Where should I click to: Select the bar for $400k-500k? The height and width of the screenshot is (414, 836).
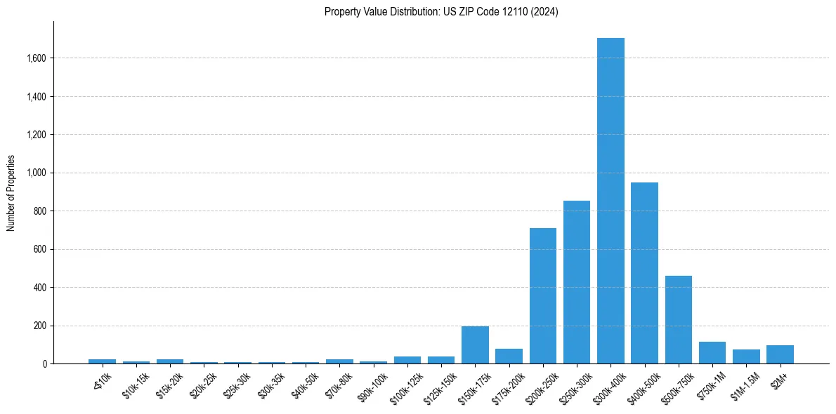tap(644, 273)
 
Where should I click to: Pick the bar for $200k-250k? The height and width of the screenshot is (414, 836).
tap(543, 295)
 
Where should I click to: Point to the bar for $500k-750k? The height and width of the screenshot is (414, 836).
tap(679, 320)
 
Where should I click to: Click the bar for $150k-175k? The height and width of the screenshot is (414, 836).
tap(475, 345)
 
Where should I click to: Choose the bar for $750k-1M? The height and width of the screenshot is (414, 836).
tap(712, 353)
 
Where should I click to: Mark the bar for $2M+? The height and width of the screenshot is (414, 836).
tap(780, 354)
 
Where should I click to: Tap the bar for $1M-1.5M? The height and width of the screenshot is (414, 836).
tap(746, 356)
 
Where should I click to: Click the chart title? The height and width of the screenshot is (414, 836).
tap(441, 12)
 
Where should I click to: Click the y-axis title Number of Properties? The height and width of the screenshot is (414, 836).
tap(11, 193)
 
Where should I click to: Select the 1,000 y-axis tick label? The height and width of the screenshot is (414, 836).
tap(35, 173)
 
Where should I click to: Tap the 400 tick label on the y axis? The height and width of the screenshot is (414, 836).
tap(39, 288)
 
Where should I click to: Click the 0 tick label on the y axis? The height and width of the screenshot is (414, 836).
tap(44, 364)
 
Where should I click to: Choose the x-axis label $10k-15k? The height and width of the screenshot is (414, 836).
tap(137, 382)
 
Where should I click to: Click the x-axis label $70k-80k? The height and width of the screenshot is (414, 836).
tap(340, 382)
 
